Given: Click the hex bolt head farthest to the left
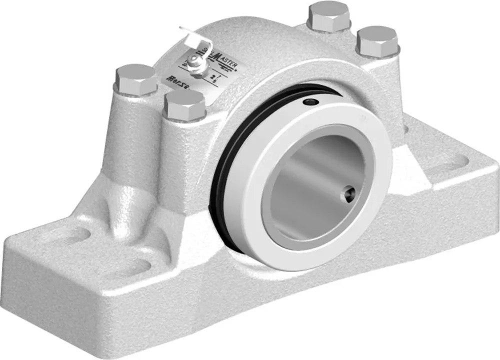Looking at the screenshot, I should [135, 79].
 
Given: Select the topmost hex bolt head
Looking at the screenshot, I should [329, 17].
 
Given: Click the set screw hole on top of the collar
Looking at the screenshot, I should [311, 102].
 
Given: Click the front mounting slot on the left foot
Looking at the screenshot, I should [135, 264].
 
